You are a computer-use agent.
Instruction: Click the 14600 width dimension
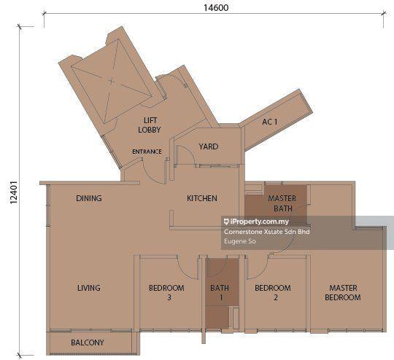pyautogui.click(x=216, y=8)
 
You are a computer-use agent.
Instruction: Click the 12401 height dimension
pyautogui.click(x=13, y=192)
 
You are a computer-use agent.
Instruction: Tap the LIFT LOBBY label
pyautogui.click(x=150, y=125)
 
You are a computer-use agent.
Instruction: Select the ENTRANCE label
pyautogui.click(x=147, y=152)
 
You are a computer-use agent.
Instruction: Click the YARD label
pyautogui.click(x=209, y=146)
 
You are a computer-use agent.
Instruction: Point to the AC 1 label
pyautogui.click(x=270, y=122)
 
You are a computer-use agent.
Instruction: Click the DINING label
pyautogui.click(x=89, y=198)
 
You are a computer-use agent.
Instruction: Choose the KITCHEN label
pyautogui.click(x=202, y=198)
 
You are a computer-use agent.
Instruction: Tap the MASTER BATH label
pyautogui.click(x=282, y=203)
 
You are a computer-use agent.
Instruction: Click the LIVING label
pyautogui.click(x=89, y=288)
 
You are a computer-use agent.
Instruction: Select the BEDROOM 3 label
pyautogui.click(x=166, y=292)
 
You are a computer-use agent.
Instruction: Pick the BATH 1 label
pyautogui.click(x=220, y=292)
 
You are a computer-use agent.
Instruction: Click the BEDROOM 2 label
pyautogui.click(x=273, y=292)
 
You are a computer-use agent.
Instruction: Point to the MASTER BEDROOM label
pyautogui.click(x=343, y=292)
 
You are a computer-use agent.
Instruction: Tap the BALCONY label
pyautogui.click(x=88, y=343)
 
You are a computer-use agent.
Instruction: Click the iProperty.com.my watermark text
pyautogui.click(x=256, y=222)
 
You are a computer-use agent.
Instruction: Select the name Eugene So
pyautogui.click(x=240, y=241)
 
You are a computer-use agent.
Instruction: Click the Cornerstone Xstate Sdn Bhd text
pyautogui.click(x=267, y=232)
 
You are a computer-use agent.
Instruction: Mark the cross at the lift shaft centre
pyautogui.click(x=112, y=81)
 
